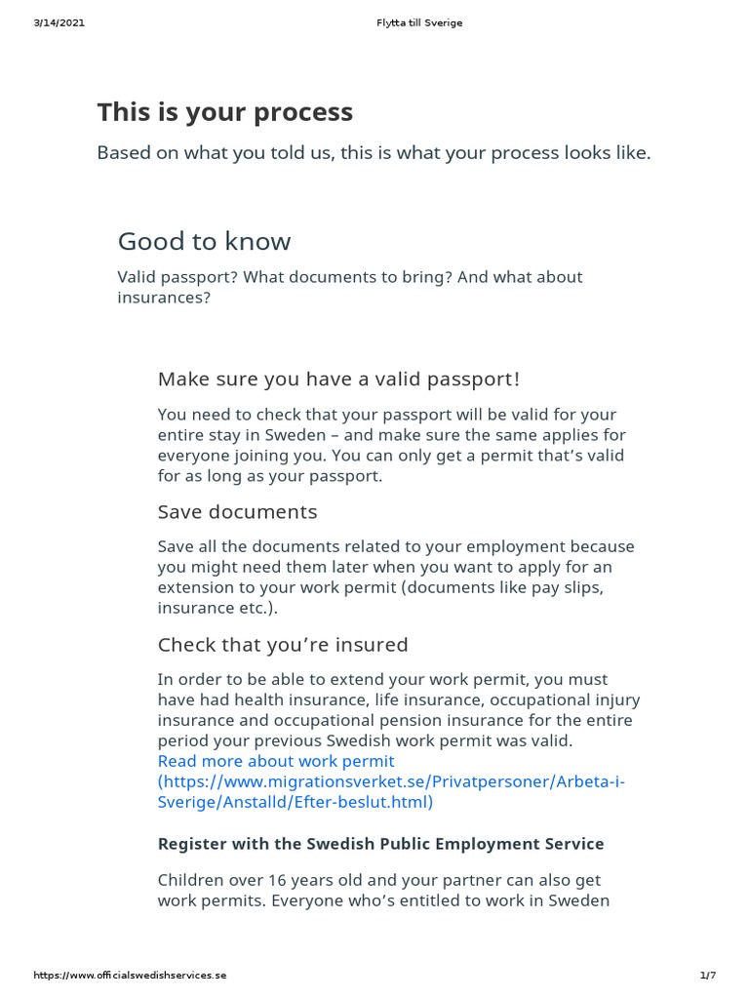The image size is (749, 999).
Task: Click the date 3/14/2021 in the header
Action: click(x=59, y=23)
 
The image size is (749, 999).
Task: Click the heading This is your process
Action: click(x=224, y=112)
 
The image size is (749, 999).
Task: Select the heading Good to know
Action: click(x=204, y=241)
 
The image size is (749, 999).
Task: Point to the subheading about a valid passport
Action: click(x=338, y=379)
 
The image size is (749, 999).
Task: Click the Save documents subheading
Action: click(x=237, y=512)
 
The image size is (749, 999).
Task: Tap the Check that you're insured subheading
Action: click(x=283, y=645)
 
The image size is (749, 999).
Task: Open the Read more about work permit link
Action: click(x=276, y=761)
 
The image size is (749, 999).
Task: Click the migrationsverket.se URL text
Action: click(x=390, y=781)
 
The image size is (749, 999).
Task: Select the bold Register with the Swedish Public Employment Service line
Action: click(x=380, y=844)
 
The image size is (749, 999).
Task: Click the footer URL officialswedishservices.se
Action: click(x=130, y=976)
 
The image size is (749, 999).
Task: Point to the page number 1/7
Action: click(x=707, y=976)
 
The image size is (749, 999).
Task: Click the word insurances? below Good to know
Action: click(x=164, y=298)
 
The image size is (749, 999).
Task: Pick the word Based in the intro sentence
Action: click(x=122, y=153)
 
